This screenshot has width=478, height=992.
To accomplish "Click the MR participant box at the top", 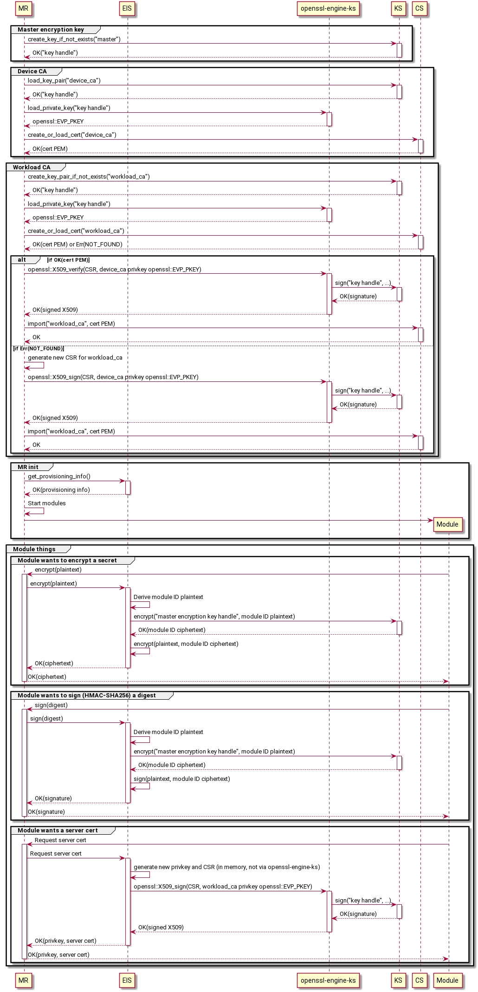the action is pos(23,8).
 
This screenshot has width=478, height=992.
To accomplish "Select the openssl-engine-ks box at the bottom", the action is pos(328,980).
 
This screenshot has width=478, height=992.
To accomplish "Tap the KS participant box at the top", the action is pos(398,8).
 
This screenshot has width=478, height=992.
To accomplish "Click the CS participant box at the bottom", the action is pos(420,980).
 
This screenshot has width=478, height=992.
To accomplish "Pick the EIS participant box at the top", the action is pos(127,8).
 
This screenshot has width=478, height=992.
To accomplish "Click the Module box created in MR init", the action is pos(447,524).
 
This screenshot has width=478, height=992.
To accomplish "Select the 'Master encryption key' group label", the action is pos(51,30).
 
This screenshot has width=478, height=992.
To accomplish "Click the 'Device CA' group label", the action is pos(32,71).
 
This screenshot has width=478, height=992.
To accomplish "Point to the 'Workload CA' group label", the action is pos(32,167).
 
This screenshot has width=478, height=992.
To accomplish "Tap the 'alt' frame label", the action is pos(22,260).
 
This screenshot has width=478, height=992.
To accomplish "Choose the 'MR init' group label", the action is pos(28,467).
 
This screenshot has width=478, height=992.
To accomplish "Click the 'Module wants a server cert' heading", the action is pos(58,830).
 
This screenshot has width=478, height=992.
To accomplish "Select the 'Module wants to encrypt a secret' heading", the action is pos(67,560).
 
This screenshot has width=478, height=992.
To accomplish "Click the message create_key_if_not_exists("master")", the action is pos(74,39).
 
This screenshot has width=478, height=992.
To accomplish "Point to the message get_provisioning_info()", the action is pos(59,477).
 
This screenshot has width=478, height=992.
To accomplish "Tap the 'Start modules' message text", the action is pos(47,503).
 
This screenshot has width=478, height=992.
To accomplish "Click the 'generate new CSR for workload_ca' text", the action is pos(75,358).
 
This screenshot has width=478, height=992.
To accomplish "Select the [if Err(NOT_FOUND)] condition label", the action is pos(39,348).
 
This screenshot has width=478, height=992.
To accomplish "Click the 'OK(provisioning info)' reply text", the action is pos(61,490).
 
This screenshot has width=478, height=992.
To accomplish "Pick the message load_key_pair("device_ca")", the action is pos(64,81).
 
